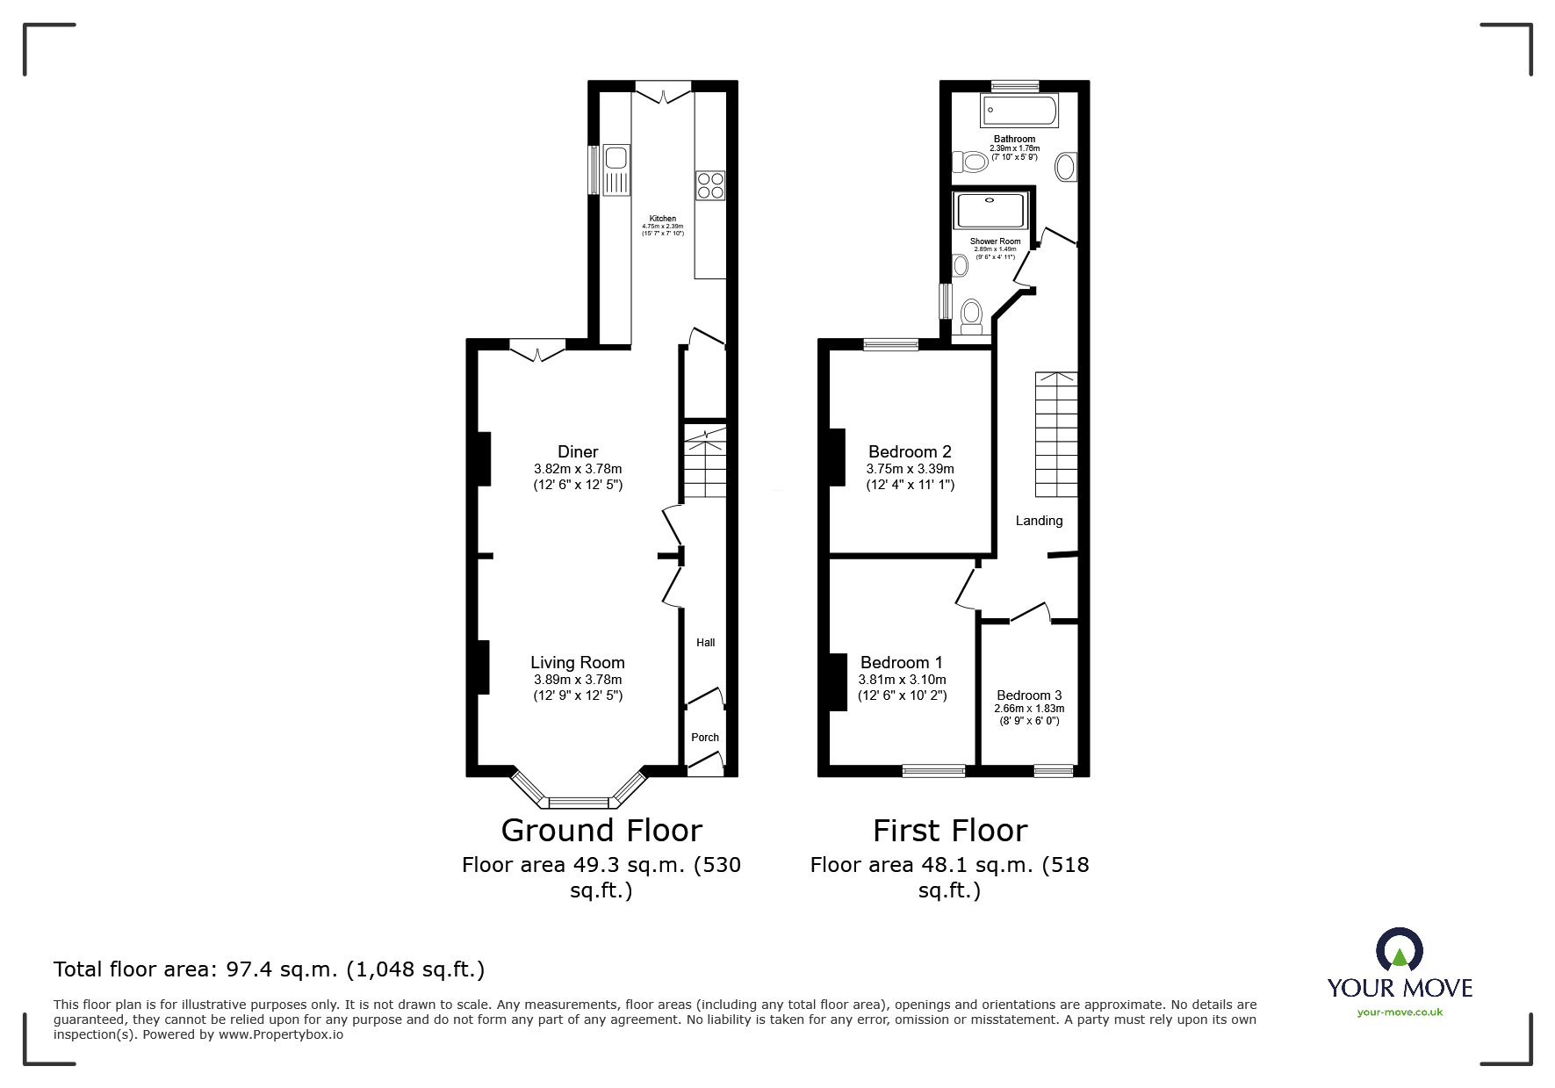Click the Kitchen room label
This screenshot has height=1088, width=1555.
coord(663,219)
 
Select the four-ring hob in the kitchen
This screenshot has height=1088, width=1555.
coord(710,185)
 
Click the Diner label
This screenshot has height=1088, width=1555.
coord(578,452)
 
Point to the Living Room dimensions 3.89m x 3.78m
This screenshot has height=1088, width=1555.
coord(578,680)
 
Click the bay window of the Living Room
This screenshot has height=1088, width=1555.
coord(578,801)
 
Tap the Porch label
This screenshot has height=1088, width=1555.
coord(705,738)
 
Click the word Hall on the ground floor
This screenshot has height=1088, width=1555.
coord(706,643)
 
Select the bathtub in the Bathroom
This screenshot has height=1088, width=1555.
coord(1019,111)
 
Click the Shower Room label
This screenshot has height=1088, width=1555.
coord(995,241)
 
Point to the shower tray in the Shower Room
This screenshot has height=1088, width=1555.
coord(990,211)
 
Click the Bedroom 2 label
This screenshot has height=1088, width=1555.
coord(910,452)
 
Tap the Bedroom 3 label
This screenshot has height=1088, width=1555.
coord(1029,695)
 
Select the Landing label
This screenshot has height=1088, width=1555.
coord(1039,521)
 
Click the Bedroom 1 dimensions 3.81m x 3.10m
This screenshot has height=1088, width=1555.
coord(902,680)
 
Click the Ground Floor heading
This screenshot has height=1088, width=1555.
coord(601,831)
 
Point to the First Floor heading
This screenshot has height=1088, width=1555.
coord(950,831)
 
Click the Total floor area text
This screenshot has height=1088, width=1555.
coord(269,969)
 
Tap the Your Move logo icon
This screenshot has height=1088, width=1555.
coord(1399,952)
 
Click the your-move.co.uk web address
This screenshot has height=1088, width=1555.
coord(1400,1012)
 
